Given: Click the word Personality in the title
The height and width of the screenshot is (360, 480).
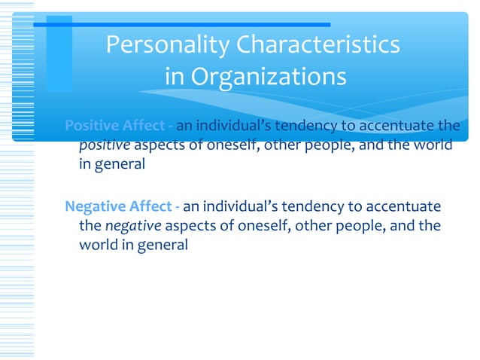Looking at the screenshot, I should click(168, 46).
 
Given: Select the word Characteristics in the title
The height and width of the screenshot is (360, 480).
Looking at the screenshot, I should click(318, 46).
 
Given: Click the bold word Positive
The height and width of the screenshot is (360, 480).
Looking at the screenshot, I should click(93, 125).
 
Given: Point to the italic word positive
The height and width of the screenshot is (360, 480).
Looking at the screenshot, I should click(104, 145).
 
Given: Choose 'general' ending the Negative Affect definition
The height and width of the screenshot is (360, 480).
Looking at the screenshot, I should click(163, 245).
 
